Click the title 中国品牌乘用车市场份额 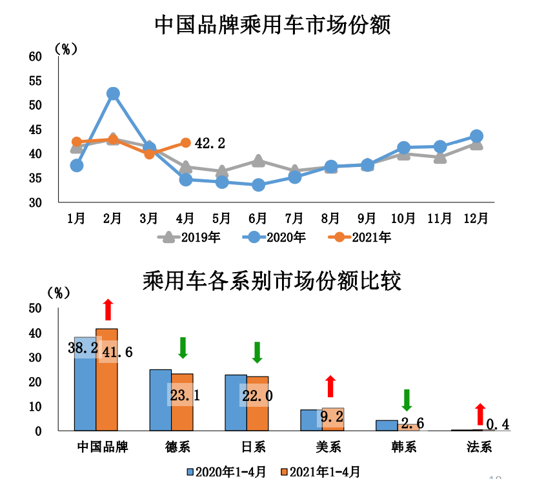[274, 25]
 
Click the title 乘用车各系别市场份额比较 [274, 282]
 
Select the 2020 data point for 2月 [113, 94]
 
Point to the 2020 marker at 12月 [476, 136]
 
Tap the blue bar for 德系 [161, 400]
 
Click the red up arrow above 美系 [330, 386]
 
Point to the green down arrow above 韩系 [407, 400]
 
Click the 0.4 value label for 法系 [498, 424]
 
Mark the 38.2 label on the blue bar [83, 349]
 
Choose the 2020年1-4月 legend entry [227, 471]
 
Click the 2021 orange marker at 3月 [150, 153]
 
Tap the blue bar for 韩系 [387, 425]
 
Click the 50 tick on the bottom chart [35, 308]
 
